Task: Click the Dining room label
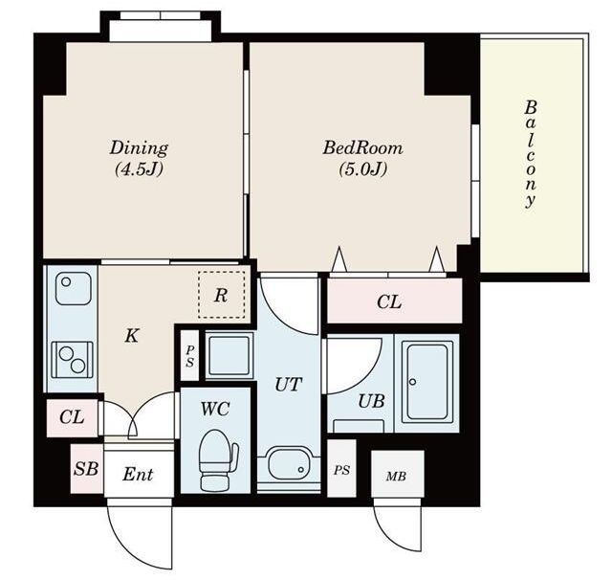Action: click(139, 148)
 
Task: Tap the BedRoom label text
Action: click(362, 148)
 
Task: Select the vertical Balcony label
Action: click(530, 154)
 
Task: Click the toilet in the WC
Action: click(217, 460)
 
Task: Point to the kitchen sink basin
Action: click(73, 288)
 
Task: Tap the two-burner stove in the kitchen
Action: click(73, 360)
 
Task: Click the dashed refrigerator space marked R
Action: click(221, 295)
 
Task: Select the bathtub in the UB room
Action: click(427, 382)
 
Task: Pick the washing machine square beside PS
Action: click(229, 356)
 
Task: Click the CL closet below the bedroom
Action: click(394, 301)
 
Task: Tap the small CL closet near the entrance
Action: click(72, 417)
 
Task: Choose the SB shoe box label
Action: click(86, 468)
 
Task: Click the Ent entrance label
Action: click(138, 475)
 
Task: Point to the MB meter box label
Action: click(396, 476)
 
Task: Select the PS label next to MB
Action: click(341, 470)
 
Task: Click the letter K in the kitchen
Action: click(132, 335)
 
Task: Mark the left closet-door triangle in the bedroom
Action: click(339, 259)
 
